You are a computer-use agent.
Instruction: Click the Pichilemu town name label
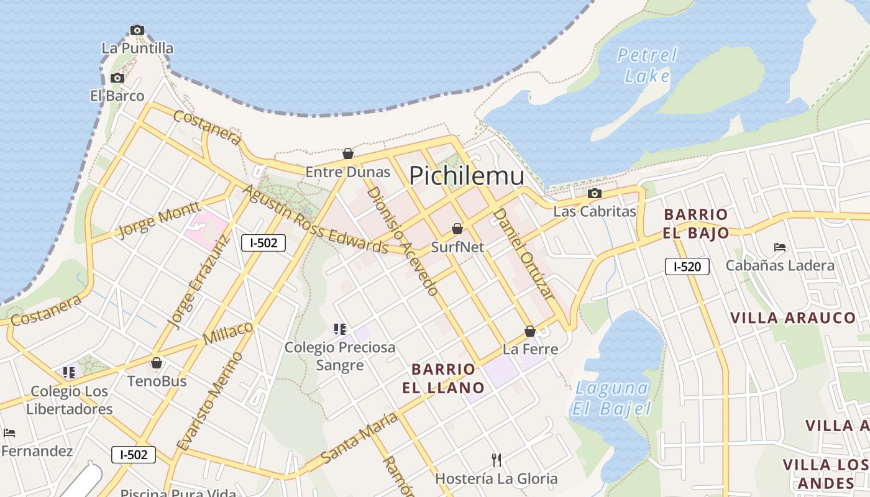coord(466,176)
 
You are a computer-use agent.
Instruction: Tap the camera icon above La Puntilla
coord(137,30)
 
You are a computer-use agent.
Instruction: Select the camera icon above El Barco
coord(117,78)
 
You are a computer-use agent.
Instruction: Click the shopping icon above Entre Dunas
coord(348,153)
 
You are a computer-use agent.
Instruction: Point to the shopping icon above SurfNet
coord(457,229)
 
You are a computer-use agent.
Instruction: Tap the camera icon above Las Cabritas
coord(595,193)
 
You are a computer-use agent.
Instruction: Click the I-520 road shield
coord(687,267)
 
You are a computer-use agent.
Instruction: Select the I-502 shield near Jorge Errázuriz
coord(263,243)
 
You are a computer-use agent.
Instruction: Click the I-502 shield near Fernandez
coord(134,454)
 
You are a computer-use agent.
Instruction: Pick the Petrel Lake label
coord(647,65)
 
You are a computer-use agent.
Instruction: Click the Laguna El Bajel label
coord(613,398)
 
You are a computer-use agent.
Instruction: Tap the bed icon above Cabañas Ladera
coord(780,247)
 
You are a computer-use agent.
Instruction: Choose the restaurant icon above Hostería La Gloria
coord(496,460)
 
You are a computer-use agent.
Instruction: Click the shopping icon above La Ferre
coord(530,331)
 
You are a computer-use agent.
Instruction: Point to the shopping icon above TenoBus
coord(157,363)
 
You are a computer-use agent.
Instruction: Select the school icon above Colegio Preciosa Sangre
coord(339,329)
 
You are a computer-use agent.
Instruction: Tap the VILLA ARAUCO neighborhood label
coord(793,318)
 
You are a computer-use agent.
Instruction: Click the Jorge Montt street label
coord(158,219)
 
